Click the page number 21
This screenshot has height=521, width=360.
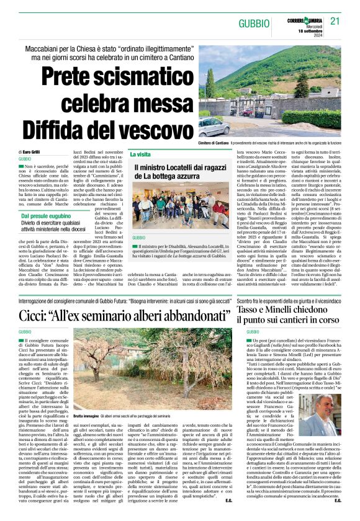pyautogui.click(x=335, y=22)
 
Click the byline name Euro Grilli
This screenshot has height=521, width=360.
pyautogui.click(x=30, y=152)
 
